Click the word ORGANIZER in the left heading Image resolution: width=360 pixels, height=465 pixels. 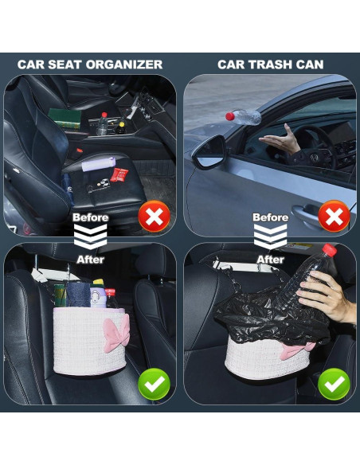[127, 64]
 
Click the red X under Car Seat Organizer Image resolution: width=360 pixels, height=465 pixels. [154, 216]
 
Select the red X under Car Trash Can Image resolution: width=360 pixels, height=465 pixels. [334, 216]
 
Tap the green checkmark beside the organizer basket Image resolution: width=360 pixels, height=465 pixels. [154, 385]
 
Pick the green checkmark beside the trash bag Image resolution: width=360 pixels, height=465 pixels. [334, 385]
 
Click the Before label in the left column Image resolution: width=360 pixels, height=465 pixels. [91, 217]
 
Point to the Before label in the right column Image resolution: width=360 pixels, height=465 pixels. [271, 217]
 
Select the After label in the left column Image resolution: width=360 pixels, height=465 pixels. [90, 259]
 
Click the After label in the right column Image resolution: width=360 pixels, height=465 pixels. [271, 259]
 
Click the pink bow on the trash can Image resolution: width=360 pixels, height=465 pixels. [296, 350]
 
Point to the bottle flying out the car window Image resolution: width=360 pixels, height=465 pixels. [242, 117]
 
